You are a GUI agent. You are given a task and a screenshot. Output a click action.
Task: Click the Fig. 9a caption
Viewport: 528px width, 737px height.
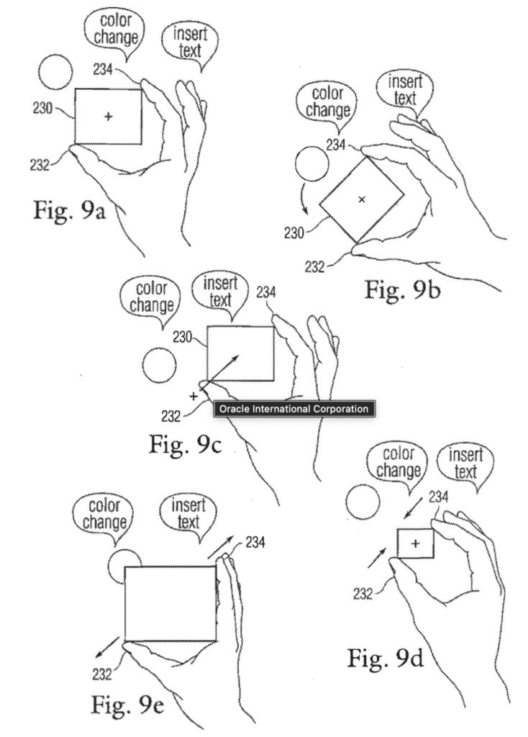point(70,211)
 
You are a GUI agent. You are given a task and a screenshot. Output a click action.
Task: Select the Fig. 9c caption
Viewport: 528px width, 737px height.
point(185,443)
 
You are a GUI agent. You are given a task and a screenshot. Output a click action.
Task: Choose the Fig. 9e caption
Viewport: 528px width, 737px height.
point(127,705)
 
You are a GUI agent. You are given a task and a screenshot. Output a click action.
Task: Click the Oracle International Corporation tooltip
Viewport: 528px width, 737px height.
point(294,409)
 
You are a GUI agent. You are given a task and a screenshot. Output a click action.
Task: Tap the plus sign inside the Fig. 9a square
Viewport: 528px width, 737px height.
point(109,116)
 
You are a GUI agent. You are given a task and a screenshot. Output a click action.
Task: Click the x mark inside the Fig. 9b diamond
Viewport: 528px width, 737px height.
point(362,200)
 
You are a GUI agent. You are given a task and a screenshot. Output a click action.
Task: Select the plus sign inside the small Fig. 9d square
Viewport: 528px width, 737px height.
point(415,544)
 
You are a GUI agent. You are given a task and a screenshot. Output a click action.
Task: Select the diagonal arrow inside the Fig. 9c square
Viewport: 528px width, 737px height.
point(222,371)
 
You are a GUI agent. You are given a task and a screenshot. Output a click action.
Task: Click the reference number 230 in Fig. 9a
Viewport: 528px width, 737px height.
point(42,108)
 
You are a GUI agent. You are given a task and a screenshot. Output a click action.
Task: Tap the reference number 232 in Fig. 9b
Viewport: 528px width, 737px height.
point(315,267)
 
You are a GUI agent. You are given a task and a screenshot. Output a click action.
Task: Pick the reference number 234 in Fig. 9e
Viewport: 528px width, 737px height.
point(255,543)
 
